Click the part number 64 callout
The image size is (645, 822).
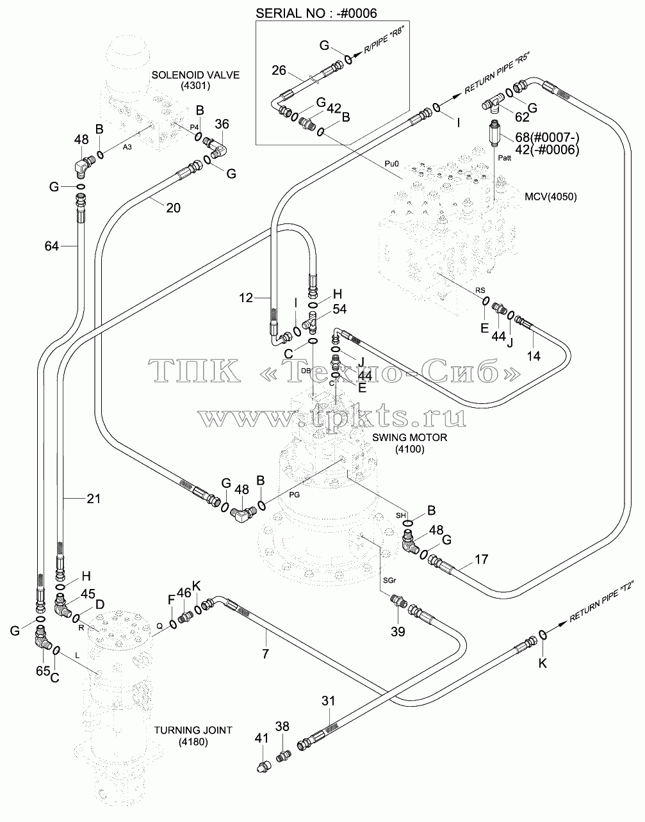pyautogui.click(x=52, y=246)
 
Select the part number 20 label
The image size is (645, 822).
pyautogui.click(x=174, y=207)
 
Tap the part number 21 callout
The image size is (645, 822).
pyautogui.click(x=94, y=499)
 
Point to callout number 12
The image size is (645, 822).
pyautogui.click(x=246, y=298)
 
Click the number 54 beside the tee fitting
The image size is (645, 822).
pyautogui.click(x=339, y=309)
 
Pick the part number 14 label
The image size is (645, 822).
pyautogui.click(x=534, y=356)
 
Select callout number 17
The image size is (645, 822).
pyautogui.click(x=481, y=559)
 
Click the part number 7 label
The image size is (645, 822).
pyautogui.click(x=265, y=654)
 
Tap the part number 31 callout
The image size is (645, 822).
pyautogui.click(x=329, y=701)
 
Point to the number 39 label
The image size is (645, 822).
pyautogui.click(x=398, y=631)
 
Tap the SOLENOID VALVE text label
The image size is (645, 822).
pyautogui.click(x=195, y=75)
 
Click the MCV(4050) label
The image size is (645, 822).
pyautogui.click(x=550, y=197)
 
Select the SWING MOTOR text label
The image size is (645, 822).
pyautogui.click(x=410, y=437)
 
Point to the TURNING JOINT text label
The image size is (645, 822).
pyautogui.click(x=193, y=730)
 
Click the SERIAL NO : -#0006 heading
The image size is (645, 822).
pyautogui.click(x=316, y=13)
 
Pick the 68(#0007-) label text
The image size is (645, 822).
pyautogui.click(x=547, y=137)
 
